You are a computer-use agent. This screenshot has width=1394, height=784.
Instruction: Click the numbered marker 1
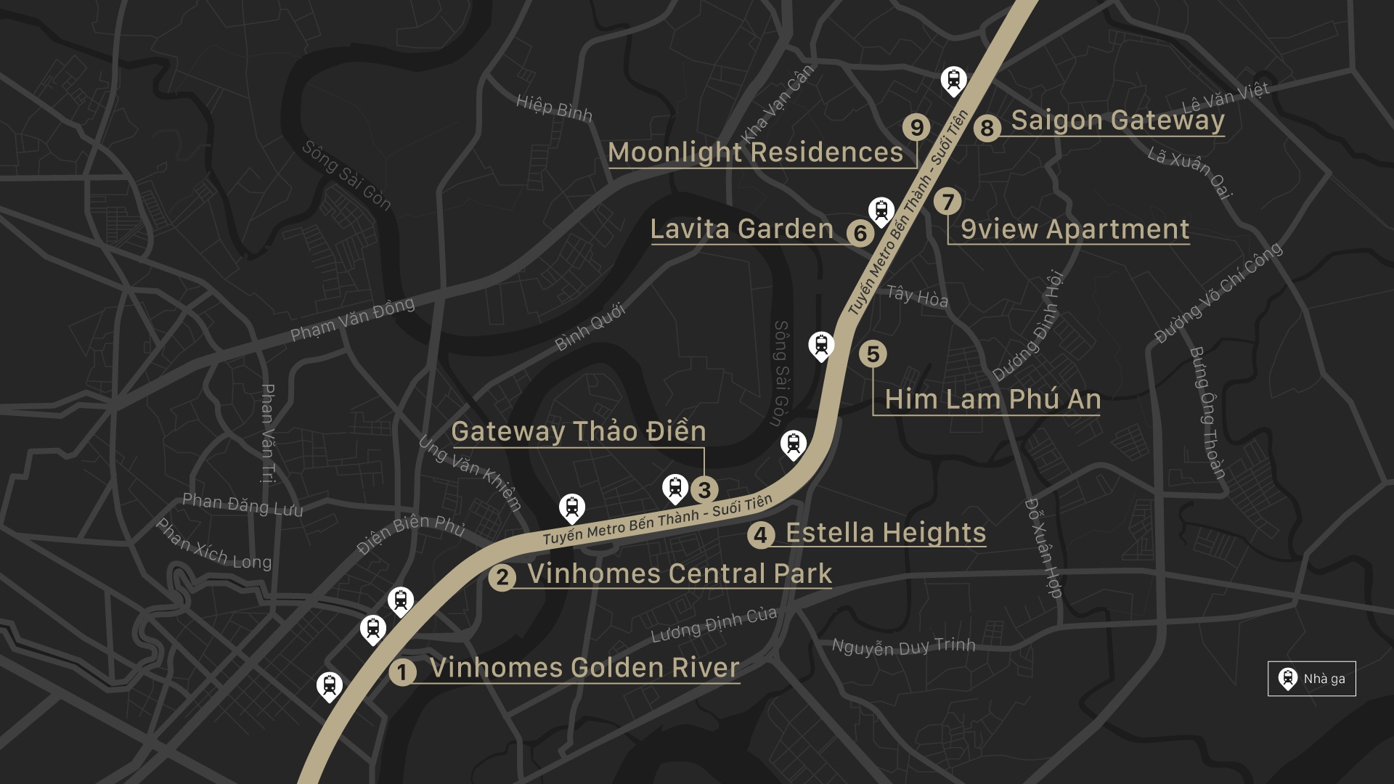402,672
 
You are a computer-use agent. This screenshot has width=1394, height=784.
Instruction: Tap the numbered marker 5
873,354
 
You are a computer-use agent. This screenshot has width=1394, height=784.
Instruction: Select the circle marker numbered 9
916,127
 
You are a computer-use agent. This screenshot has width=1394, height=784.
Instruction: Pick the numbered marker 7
947,202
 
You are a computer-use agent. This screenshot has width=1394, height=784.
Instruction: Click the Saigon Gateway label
1117,120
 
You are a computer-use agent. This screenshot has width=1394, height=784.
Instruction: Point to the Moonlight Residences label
755,152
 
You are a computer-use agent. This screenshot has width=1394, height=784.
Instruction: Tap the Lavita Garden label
741,229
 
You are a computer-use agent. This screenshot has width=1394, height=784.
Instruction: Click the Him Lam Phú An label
992,399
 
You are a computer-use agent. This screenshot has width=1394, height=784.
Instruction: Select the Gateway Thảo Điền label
578,431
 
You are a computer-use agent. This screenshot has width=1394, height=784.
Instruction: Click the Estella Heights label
885,533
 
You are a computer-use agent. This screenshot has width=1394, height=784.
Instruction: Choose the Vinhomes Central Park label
679,573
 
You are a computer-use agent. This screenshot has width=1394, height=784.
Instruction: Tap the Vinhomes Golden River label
584,668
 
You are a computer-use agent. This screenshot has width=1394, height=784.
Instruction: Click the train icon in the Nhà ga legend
1287,679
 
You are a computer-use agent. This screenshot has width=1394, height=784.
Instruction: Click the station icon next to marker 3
675,488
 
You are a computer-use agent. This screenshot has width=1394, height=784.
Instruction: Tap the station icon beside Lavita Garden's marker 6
881,211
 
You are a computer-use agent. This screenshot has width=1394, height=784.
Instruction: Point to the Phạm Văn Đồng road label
352,319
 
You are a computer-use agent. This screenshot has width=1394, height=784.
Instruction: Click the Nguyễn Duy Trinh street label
903,646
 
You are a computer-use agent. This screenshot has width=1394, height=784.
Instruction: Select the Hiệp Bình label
554,108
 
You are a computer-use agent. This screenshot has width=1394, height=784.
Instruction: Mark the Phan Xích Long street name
213,544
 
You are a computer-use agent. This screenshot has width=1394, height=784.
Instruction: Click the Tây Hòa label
917,296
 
